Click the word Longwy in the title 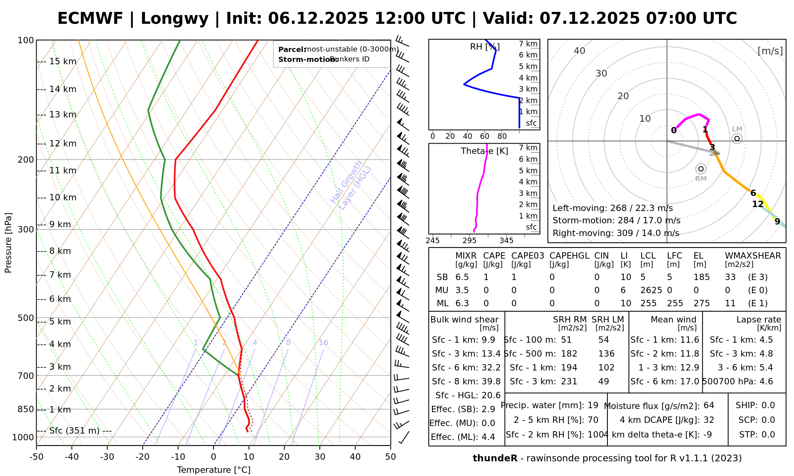click(174, 19)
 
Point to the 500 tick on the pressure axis click(26, 318)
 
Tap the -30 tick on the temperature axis click(107, 457)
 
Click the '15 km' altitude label click(63, 61)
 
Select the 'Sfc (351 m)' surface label click(74, 431)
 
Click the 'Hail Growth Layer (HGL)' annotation click(351, 185)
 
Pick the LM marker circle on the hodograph click(737, 138)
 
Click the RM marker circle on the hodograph click(701, 169)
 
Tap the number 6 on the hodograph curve click(753, 193)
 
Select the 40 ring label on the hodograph click(580, 51)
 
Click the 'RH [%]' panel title click(485, 47)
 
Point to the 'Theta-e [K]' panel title click(484, 151)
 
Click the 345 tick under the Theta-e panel click(506, 241)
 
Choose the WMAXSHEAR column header click(753, 256)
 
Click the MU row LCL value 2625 click(651, 290)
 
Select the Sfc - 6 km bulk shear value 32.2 click(491, 368)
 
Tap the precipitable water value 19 click(593, 405)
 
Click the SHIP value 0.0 click(768, 405)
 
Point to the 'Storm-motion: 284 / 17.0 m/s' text click(616, 221)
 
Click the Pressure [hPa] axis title click(8, 243)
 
